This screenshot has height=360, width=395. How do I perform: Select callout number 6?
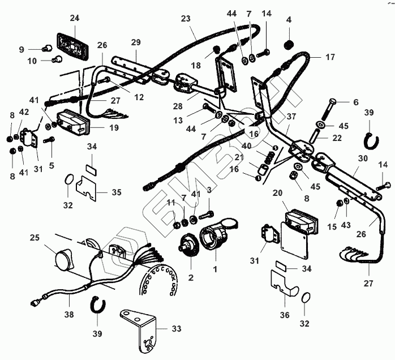(x=356, y=102)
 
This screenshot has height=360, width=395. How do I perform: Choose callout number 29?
(x=136, y=43)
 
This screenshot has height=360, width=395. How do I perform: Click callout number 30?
(x=362, y=160)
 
